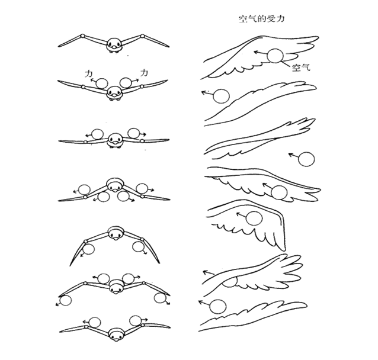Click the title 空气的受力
point(261,19)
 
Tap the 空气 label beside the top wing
point(301,67)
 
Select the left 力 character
point(88,74)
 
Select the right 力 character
point(144,72)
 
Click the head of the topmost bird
point(114,44)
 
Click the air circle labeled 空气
point(275,56)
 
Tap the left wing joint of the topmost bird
point(82,36)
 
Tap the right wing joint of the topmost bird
point(142,36)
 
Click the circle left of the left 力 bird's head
point(102,83)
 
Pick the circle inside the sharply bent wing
point(254,218)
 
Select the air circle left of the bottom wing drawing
point(217,307)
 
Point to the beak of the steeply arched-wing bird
point(117,239)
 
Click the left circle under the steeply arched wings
point(88,249)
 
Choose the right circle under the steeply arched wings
point(139,247)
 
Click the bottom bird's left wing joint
point(86,327)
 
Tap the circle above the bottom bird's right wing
point(136,321)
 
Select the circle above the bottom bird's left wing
point(95,322)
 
